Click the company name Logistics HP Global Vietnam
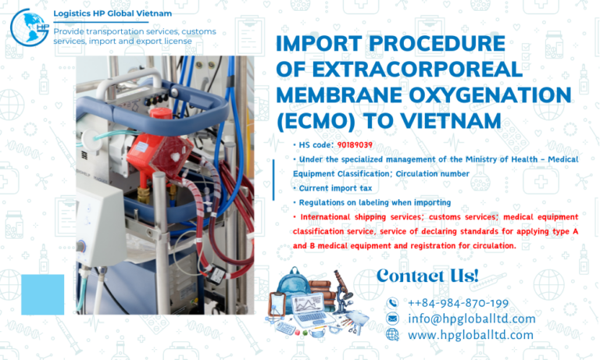tap(112, 13)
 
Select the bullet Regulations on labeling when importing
tap(371, 202)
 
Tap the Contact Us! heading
tap(427, 276)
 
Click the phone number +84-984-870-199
tap(458, 303)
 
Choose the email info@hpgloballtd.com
tap(471, 319)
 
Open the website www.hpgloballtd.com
tap(470, 335)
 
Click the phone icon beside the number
tap(392, 303)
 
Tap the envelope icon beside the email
tap(392, 319)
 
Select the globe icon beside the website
tap(392, 335)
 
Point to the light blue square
tap(42, 294)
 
